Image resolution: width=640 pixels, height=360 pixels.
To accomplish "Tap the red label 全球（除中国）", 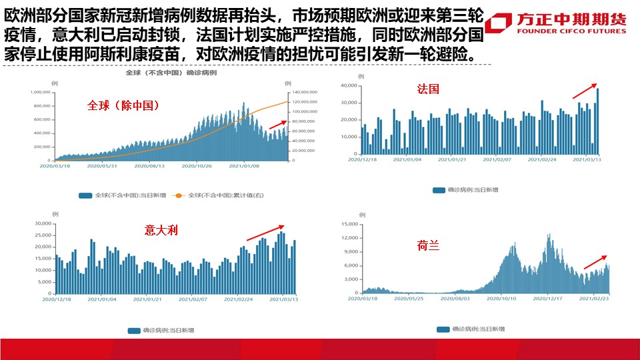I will coord(123,105).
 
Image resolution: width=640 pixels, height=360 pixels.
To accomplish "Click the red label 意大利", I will coord(161,231).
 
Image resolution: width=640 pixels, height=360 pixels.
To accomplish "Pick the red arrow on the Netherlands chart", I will coord(595,262).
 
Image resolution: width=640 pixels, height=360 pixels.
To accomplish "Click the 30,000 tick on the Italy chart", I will coord(42,223).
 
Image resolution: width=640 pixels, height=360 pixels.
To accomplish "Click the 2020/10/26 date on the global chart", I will coord(196,166).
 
